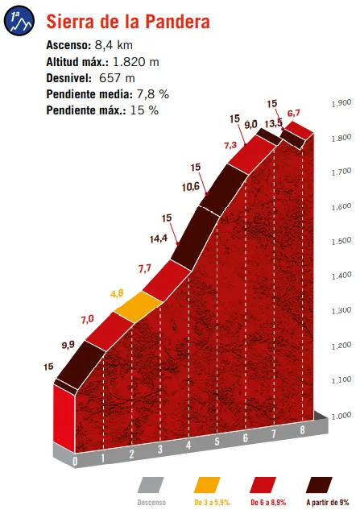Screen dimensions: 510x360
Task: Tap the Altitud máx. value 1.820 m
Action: pos(134,61)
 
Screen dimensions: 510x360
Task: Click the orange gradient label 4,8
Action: pos(117,293)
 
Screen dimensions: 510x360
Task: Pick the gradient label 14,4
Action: pos(158,238)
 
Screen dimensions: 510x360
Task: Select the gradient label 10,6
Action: pos(190,188)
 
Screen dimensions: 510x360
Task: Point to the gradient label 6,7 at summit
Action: pos(294,112)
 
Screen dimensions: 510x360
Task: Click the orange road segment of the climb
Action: pos(138,306)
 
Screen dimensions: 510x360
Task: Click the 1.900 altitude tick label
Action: pos(341,103)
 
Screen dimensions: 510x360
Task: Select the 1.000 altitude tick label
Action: pos(341,416)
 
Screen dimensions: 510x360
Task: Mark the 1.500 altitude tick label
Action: pos(341,242)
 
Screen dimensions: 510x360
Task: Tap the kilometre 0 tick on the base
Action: pos(74,462)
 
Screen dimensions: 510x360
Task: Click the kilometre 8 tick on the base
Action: pos(302,430)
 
